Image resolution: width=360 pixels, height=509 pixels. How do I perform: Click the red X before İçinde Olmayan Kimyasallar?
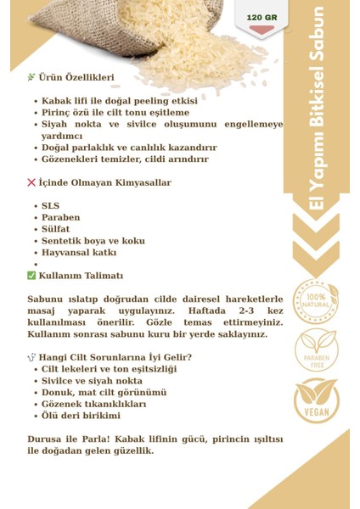point(31,182)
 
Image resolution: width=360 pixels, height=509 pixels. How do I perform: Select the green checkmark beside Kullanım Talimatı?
point(31,276)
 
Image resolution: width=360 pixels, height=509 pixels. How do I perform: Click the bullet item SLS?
point(51,206)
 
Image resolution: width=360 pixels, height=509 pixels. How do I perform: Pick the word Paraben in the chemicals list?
point(62,217)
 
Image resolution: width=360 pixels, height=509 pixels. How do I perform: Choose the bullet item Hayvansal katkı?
point(80,252)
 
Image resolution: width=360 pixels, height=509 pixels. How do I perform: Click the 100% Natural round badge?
point(316,298)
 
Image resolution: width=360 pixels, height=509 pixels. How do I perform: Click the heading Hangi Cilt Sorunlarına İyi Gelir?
point(115,357)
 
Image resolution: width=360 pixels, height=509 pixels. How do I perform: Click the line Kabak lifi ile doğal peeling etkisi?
point(120,101)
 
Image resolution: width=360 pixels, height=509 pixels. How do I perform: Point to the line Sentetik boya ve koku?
point(93,241)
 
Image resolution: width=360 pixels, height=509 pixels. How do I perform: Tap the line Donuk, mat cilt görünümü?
point(104,393)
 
